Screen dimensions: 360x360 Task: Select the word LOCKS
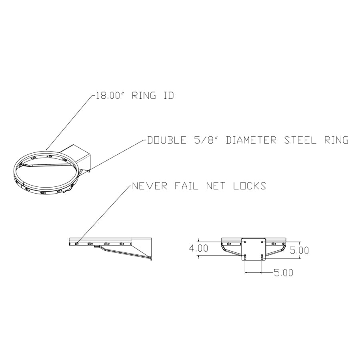point(249,186)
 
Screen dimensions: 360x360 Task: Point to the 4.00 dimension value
point(198,248)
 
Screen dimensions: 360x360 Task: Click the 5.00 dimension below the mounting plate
point(283,273)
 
